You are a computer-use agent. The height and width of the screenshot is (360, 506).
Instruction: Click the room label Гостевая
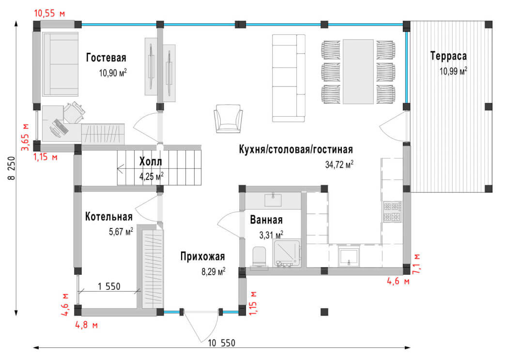pos(106,58)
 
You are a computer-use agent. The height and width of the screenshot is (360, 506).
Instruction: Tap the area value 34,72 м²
pos(339,165)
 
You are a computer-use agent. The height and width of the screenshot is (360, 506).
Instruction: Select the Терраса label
pos(449,56)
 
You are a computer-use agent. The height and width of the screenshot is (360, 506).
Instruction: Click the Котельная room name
pos(109,216)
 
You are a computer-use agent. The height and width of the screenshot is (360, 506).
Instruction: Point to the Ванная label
pos(266,220)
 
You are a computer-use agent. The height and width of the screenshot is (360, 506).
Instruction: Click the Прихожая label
pos(202,256)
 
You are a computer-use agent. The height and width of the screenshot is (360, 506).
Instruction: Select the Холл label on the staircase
pos(151,161)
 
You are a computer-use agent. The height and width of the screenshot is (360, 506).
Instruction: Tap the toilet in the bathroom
pos(261,256)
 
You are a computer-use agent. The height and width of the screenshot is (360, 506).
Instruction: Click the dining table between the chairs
pos(359,71)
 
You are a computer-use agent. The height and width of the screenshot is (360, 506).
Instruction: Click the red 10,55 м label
pos(49,13)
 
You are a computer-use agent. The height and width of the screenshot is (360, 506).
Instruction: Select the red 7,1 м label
pos(416,264)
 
